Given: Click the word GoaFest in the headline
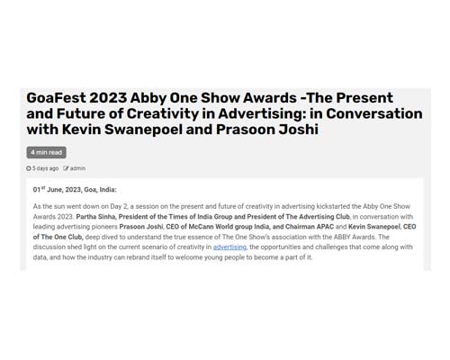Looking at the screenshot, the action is coord(56,98).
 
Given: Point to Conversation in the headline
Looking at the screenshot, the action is coord(374,113).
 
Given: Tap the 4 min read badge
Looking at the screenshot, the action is coord(47,152).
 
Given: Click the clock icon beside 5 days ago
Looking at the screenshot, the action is coord(29,168).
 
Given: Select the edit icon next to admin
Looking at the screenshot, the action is coord(66,168).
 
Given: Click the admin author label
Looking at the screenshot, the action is coord(77,168).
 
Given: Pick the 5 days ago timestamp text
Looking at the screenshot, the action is coord(45,168).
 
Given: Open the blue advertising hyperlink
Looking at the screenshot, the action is coord(229,247).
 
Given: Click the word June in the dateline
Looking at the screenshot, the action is coord(55,190).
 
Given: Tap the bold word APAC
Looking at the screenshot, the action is coord(325,227).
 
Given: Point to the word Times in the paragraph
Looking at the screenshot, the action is coord(176,217).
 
